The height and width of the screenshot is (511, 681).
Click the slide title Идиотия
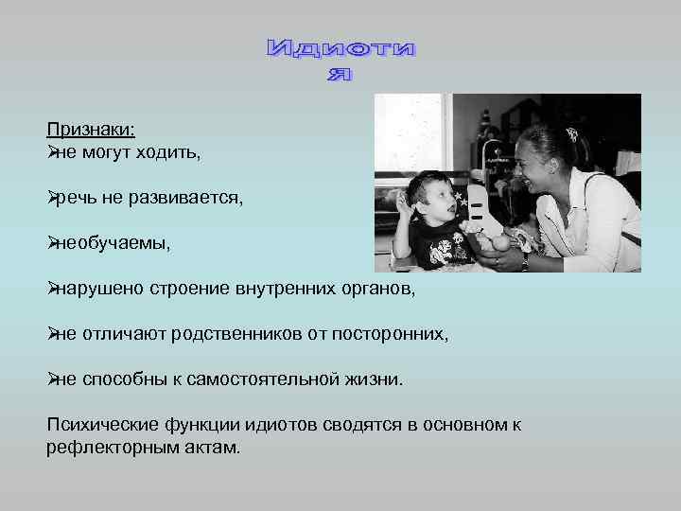pyautogui.click(x=340, y=59)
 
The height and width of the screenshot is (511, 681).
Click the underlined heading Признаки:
pyautogui.click(x=91, y=132)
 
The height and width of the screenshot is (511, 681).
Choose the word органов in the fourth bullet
pyautogui.click(x=378, y=289)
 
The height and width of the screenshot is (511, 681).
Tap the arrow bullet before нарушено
pyautogui.click(x=53, y=289)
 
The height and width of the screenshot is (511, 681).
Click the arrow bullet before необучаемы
pyautogui.click(x=53, y=243)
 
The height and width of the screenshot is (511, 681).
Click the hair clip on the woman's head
pyautogui.click(x=572, y=134)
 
